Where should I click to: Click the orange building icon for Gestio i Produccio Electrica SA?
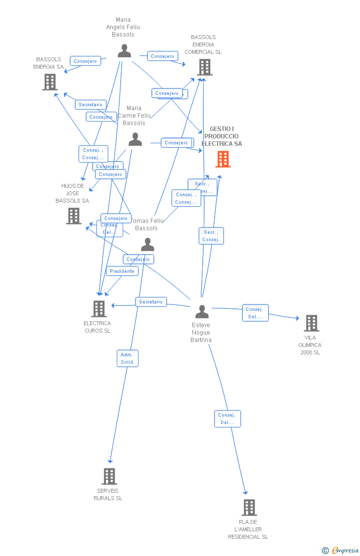coord(223,159)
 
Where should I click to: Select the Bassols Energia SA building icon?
coord(50,82)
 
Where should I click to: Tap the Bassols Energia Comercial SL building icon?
coord(204,67)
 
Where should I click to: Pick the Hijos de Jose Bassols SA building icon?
coord(74,216)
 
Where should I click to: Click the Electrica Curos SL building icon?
coord(99,309)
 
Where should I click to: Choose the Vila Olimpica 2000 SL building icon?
coord(311,323)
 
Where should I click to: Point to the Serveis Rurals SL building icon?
coord(109,476)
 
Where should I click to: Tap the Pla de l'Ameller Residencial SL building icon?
coord(249,508)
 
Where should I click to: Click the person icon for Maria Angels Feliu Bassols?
coord(124,51)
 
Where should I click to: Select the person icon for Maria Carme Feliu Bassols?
coord(135,140)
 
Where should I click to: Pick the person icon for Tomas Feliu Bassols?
coord(147,245)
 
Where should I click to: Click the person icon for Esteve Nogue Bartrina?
coord(202,312)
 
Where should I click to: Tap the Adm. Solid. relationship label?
coord(128,358)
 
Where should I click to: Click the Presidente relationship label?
coord(122,271)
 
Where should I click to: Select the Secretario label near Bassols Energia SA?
coord(90,105)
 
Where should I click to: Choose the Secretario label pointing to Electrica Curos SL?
coord(151,301)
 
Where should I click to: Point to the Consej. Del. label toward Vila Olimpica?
coord(255,313)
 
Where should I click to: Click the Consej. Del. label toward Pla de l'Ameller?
coord(227,419)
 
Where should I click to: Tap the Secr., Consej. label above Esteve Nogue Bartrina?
coord(211,236)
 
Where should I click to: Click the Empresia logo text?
coord(345,550)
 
